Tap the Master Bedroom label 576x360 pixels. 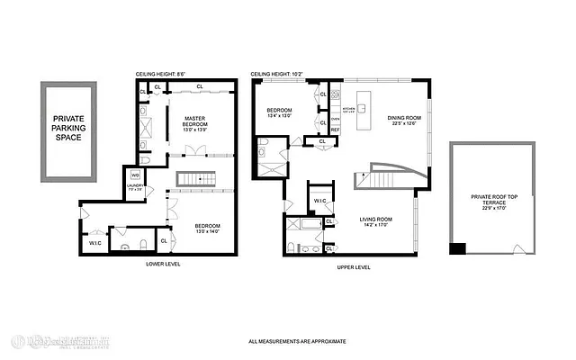pos(196,123)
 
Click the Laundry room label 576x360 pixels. pos(135,188)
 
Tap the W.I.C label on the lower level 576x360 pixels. pos(94,242)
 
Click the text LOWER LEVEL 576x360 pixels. pos(166,265)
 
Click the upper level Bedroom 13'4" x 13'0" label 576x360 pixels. pos(281,113)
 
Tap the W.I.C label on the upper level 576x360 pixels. pos(320,200)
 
